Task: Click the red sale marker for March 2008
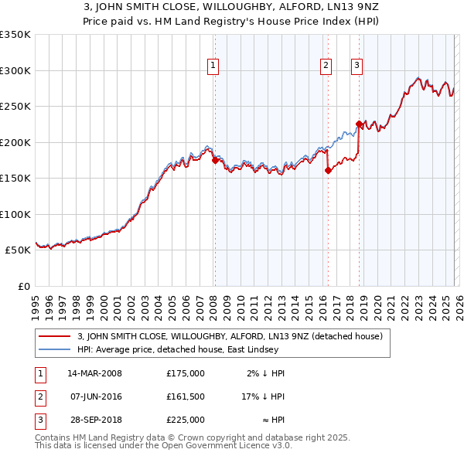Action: point(215,160)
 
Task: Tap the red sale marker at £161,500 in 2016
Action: point(328,170)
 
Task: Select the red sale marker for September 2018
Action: point(360,124)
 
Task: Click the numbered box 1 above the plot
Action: point(213,66)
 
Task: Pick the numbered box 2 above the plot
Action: point(326,66)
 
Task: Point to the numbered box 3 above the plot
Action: point(357,66)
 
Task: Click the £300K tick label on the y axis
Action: point(15,70)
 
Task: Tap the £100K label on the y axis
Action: point(15,214)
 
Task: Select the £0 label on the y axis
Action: point(23,286)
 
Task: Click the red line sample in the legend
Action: point(54,336)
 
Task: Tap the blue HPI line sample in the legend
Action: point(54,349)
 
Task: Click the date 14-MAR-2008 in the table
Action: point(95,373)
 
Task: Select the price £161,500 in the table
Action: point(186,396)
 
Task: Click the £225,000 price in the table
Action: point(186,420)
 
